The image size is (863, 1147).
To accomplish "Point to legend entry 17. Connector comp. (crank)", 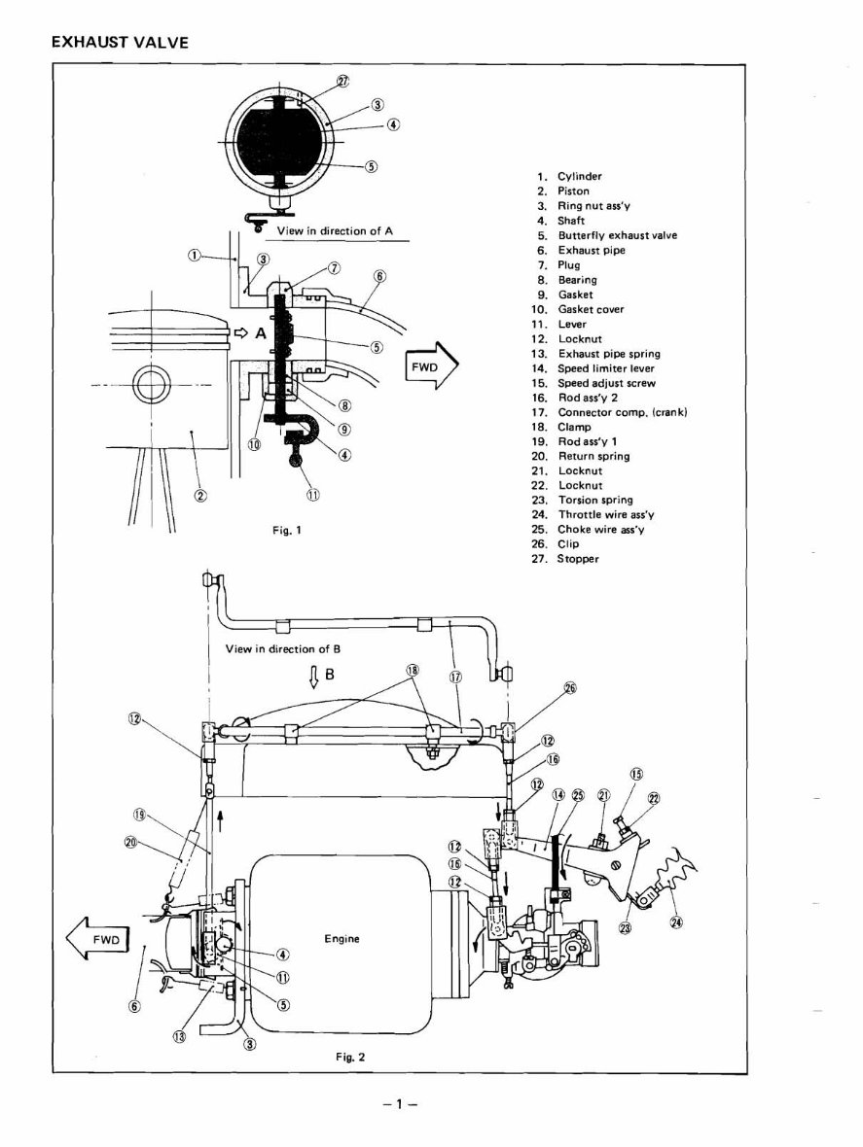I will [x=610, y=412].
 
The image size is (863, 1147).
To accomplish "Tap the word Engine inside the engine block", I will [x=342, y=939].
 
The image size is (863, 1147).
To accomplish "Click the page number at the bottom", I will [x=400, y=1104].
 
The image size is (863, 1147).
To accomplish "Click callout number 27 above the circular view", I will [x=343, y=83].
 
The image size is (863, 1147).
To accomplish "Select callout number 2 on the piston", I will [x=200, y=495].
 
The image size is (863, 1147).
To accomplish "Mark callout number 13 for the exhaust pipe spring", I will [x=178, y=1035].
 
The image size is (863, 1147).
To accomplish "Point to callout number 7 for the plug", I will [x=334, y=267].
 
